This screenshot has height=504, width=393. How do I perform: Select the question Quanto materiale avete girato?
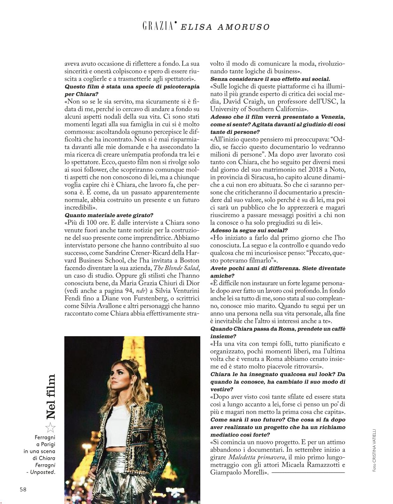coord(109,215)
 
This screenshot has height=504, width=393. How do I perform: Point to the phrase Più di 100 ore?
coord(85,223)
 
